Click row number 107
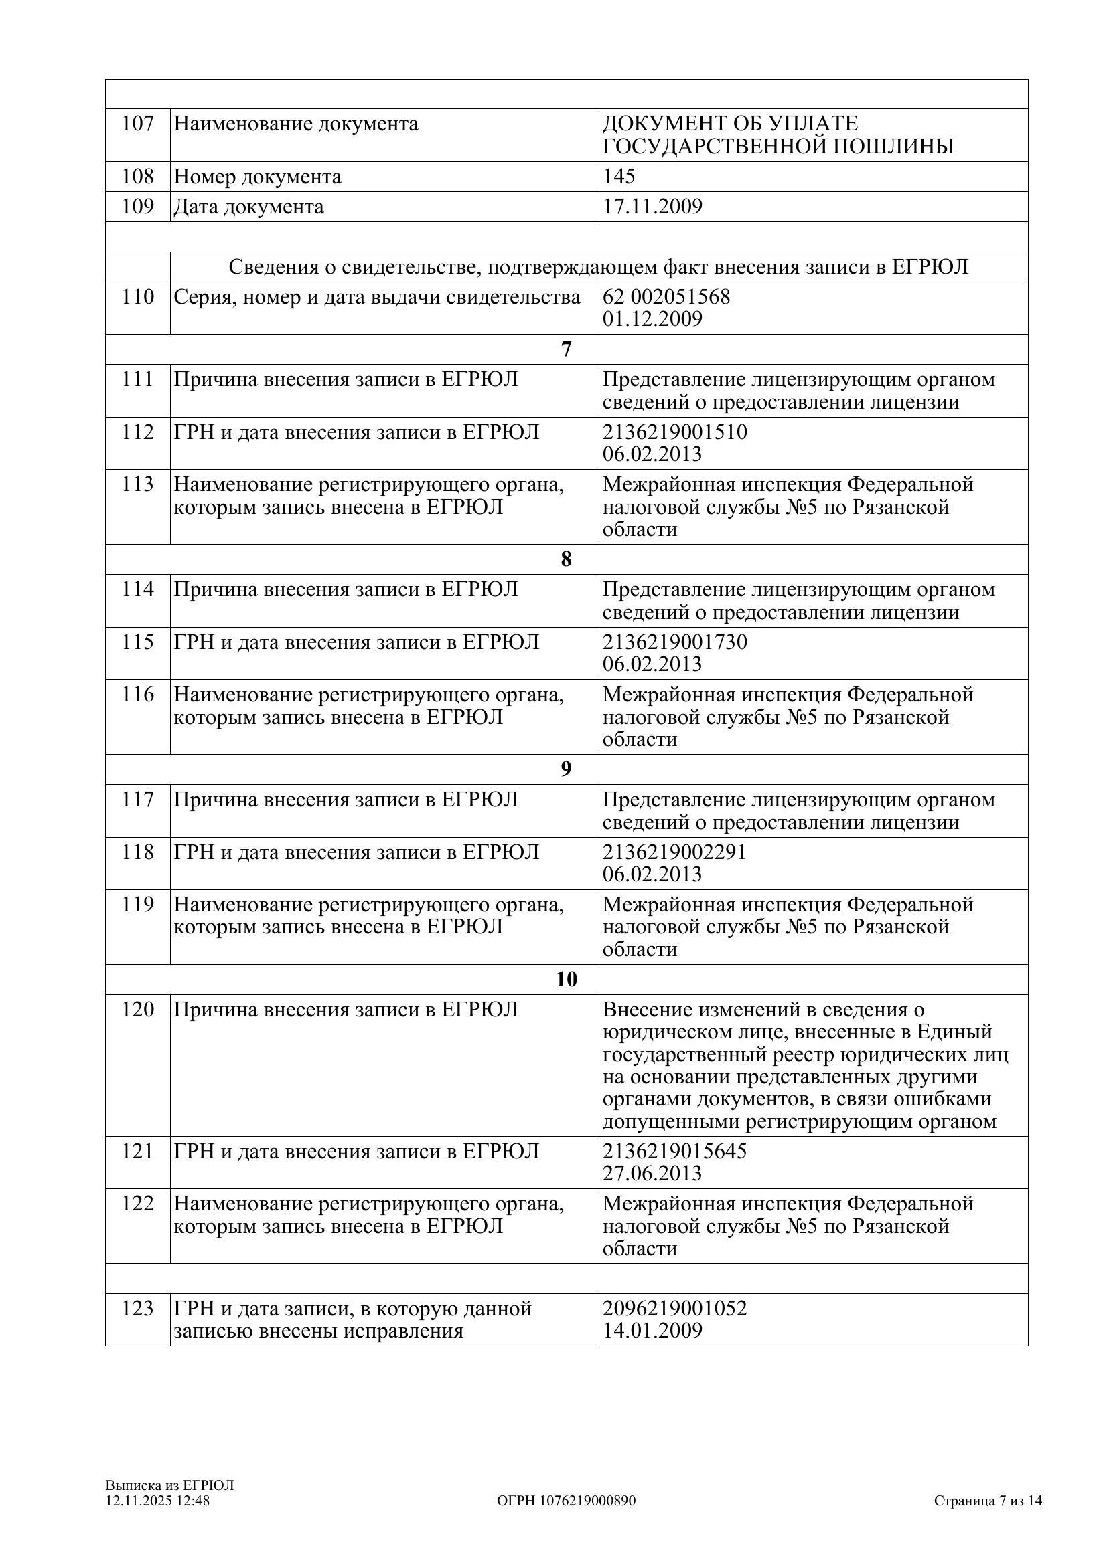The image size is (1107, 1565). click(x=138, y=124)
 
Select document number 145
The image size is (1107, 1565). click(x=619, y=177)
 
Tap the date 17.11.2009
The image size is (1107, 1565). click(x=652, y=207)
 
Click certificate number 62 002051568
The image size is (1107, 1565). click(x=666, y=296)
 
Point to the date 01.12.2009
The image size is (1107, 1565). click(x=652, y=319)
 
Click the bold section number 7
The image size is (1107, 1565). click(x=566, y=349)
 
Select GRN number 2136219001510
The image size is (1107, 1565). click(x=674, y=432)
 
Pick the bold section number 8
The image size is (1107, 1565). click(x=566, y=559)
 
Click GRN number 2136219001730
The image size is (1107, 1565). click(x=674, y=642)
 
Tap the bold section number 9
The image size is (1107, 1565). click(x=566, y=769)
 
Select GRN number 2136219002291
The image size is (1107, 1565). click(x=674, y=851)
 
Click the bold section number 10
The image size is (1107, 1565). click(x=566, y=979)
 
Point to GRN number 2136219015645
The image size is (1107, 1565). click(x=674, y=1151)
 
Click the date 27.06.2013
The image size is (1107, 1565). click(x=652, y=1173)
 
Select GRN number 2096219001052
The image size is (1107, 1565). click(x=674, y=1308)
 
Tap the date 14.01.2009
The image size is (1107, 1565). click(x=652, y=1331)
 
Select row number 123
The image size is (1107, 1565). click(x=138, y=1309)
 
